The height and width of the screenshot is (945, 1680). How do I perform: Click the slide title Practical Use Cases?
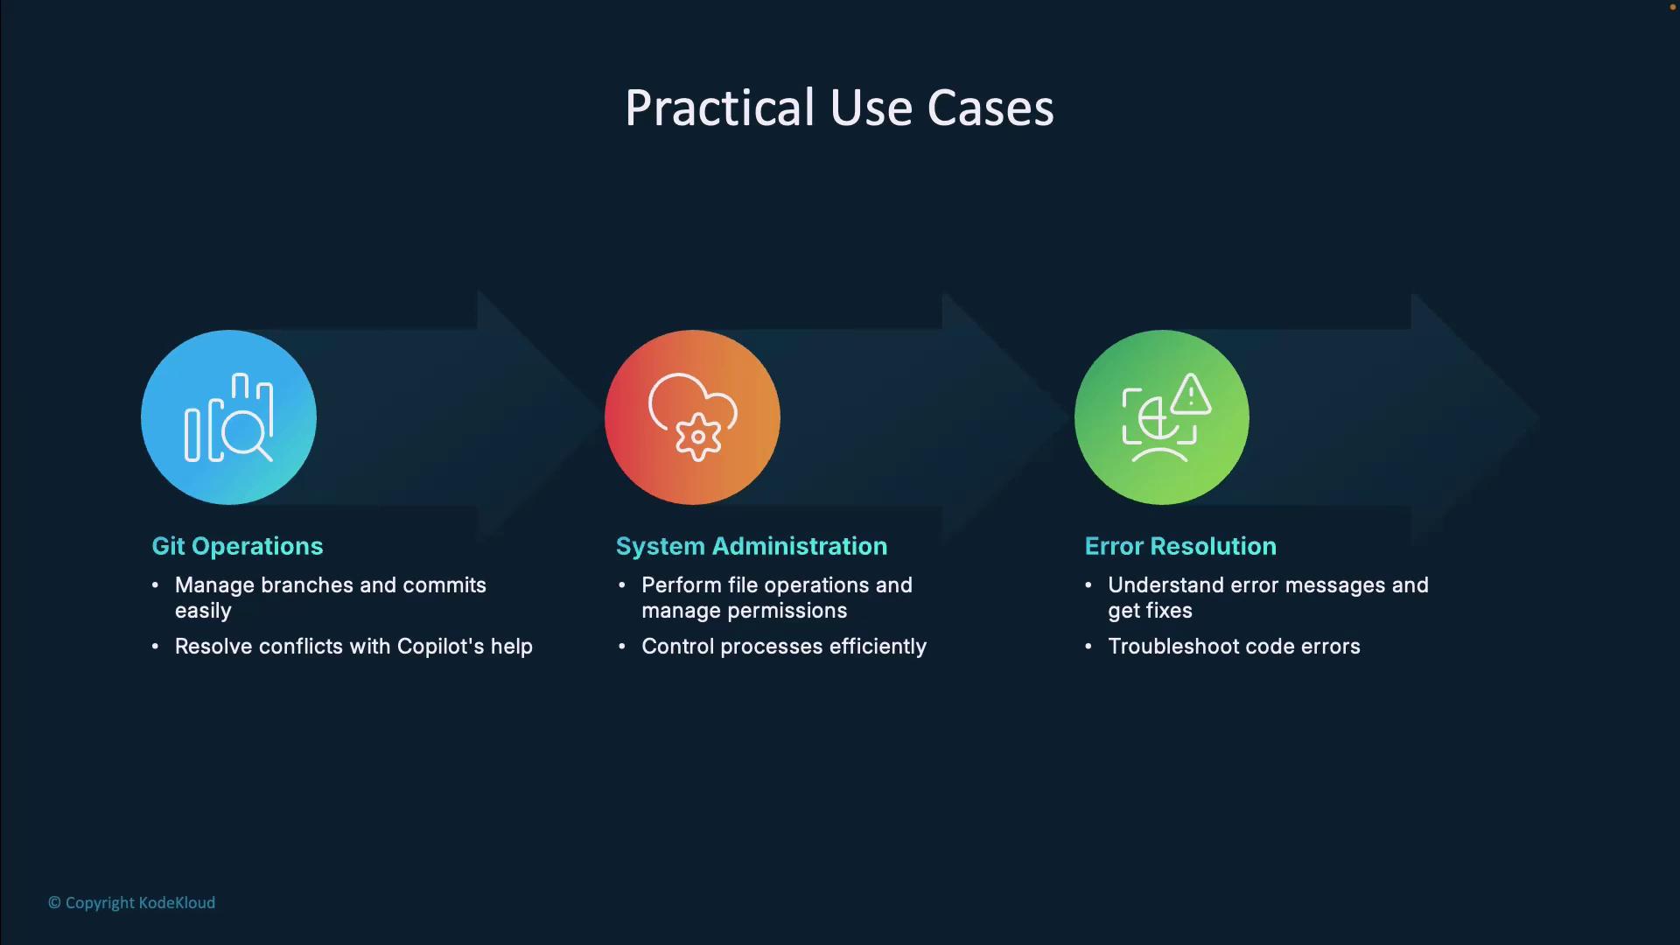click(839, 108)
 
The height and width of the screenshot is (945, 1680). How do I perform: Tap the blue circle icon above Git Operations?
click(228, 417)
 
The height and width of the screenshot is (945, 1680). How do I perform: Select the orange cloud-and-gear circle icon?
click(692, 417)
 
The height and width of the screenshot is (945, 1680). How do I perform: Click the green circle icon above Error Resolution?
click(1162, 417)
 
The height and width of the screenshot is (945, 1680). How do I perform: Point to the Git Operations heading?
click(237, 546)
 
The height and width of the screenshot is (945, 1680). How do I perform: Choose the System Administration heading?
click(752, 546)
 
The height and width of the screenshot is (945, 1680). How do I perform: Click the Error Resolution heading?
click(1180, 546)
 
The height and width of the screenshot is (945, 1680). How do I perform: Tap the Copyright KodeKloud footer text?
click(131, 903)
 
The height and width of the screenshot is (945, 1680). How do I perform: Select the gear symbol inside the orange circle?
click(698, 437)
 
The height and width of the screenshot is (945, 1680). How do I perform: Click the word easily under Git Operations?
click(203, 611)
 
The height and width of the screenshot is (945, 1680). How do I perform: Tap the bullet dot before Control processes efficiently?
click(622, 647)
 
